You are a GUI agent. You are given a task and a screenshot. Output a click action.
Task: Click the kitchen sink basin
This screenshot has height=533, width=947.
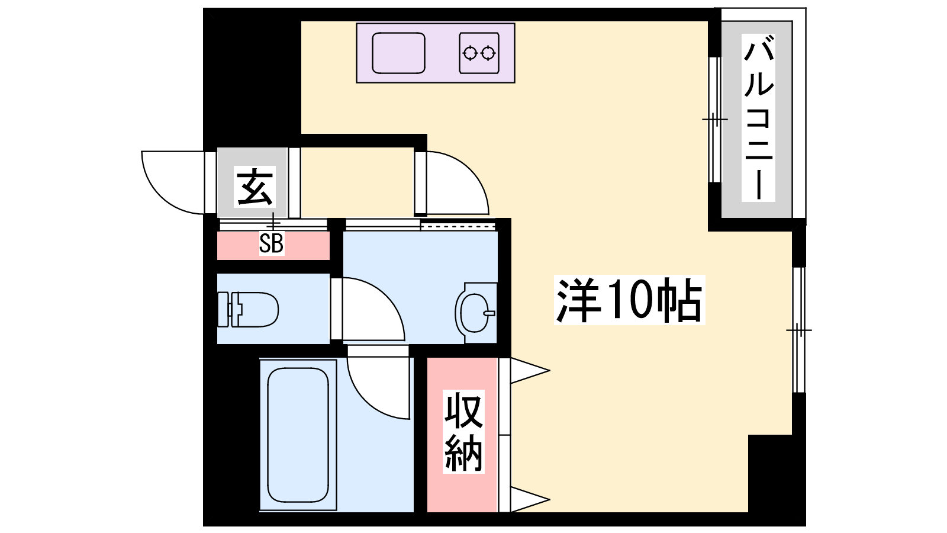[398, 53]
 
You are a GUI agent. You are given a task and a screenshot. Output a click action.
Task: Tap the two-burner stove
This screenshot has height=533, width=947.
[479, 53]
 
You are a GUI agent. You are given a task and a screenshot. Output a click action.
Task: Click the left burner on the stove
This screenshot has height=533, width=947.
[470, 53]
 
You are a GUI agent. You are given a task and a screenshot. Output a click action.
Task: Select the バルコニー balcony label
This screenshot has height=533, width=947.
[758, 118]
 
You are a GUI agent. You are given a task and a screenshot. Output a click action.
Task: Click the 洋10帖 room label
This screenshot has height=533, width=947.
[630, 300]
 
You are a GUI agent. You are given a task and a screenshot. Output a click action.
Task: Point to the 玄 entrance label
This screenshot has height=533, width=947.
[255, 187]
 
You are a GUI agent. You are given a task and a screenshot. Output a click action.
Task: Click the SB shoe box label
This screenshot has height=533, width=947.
[272, 243]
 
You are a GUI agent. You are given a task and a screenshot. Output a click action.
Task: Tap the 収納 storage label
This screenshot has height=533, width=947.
[463, 432]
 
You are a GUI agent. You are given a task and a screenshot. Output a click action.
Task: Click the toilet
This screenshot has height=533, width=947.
[248, 309]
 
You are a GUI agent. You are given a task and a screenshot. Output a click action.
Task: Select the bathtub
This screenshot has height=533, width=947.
[298, 435]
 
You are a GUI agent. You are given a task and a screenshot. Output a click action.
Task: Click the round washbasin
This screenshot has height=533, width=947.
[475, 313]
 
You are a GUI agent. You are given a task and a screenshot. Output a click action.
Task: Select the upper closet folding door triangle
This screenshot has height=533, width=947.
[530, 371]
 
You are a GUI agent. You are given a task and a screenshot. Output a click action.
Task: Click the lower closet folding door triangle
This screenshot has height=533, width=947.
[530, 500]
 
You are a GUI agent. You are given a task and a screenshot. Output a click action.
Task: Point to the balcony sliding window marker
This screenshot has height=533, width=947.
[715, 119]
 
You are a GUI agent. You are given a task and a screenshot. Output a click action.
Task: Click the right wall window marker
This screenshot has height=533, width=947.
[798, 330]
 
